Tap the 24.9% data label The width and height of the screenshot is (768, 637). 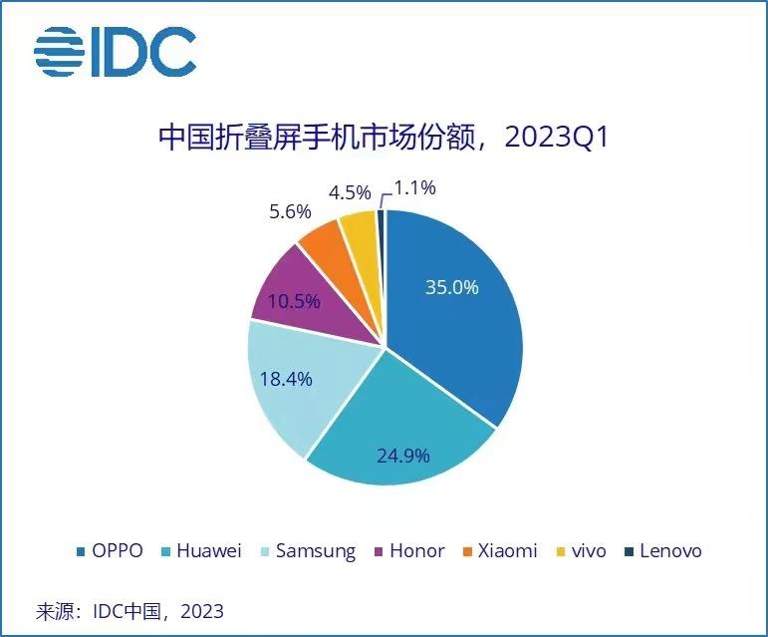(x=402, y=456)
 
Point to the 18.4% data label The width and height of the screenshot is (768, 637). (x=286, y=379)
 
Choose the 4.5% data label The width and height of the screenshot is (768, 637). (x=349, y=191)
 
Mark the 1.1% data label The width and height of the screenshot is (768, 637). (x=414, y=186)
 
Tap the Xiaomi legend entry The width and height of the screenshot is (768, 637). (x=502, y=551)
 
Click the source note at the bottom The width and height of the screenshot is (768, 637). (x=129, y=610)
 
